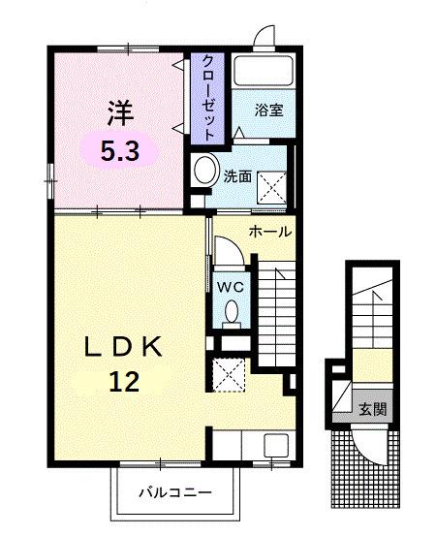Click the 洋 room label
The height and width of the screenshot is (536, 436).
[x=117, y=114]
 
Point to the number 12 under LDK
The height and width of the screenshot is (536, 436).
[x=123, y=381]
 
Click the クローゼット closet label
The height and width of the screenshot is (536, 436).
[x=208, y=98]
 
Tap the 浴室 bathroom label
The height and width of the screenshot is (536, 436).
[x=268, y=110]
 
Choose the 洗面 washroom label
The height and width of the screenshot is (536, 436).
[x=236, y=176]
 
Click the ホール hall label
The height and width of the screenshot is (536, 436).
[x=270, y=232]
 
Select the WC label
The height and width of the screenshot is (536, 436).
[x=231, y=287]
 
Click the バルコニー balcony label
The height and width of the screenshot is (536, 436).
[x=175, y=491]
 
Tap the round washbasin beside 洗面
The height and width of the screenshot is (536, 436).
[x=204, y=173]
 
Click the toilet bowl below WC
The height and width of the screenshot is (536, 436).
[x=232, y=313]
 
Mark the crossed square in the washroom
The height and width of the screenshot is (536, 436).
[x=270, y=184]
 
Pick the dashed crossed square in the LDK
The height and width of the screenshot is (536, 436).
[x=231, y=373]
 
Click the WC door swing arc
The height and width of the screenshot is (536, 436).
[x=226, y=254]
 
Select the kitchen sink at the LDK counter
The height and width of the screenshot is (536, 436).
[x=276, y=446]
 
